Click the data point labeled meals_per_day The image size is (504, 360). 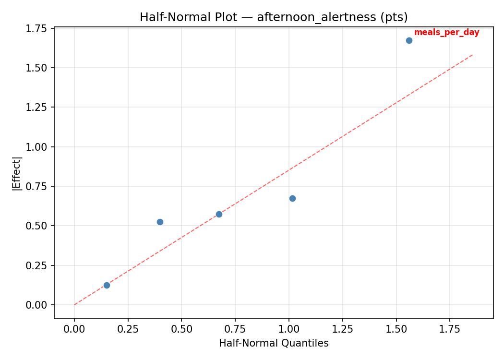point(409,40)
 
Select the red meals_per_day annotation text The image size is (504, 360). point(446,32)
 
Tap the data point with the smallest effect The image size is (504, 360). point(107,285)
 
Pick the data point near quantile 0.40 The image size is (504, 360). point(160,222)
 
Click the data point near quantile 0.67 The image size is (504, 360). point(219,214)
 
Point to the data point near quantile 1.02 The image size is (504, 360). point(292,198)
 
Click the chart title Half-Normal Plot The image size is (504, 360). point(274,17)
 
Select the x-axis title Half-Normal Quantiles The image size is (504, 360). point(274,343)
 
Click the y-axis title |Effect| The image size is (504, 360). point(17,173)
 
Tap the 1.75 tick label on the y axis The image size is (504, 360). point(37,28)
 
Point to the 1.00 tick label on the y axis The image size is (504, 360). point(37,147)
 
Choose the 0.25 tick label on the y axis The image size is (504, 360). point(37,265)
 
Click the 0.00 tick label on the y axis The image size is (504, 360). point(37,305)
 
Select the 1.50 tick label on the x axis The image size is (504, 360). point(396,329)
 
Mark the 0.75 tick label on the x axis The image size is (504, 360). point(235,329)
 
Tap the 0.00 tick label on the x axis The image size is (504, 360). point(74,329)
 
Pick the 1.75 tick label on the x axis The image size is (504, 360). point(450,329)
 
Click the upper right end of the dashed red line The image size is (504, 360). point(473,54)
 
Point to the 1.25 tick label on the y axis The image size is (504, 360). point(37,108)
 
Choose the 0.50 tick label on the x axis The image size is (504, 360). point(181,329)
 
